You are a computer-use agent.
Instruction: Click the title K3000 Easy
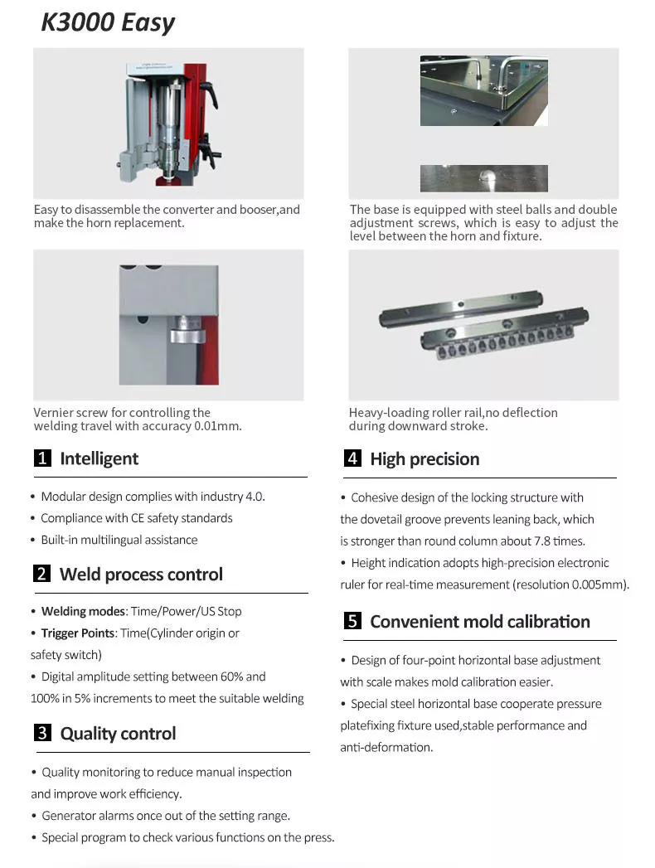click(x=108, y=22)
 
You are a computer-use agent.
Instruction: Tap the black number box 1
click(x=42, y=458)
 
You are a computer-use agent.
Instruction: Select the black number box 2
click(x=42, y=574)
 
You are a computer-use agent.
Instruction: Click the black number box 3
click(x=42, y=733)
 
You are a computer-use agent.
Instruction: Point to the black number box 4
click(x=352, y=458)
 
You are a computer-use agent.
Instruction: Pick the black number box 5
click(x=352, y=621)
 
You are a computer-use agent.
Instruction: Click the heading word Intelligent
click(x=99, y=458)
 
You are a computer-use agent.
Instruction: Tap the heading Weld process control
click(x=141, y=574)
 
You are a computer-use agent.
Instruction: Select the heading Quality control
click(x=118, y=733)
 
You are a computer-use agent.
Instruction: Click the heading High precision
click(x=425, y=458)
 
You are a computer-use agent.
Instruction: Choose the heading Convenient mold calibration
click(x=480, y=621)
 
